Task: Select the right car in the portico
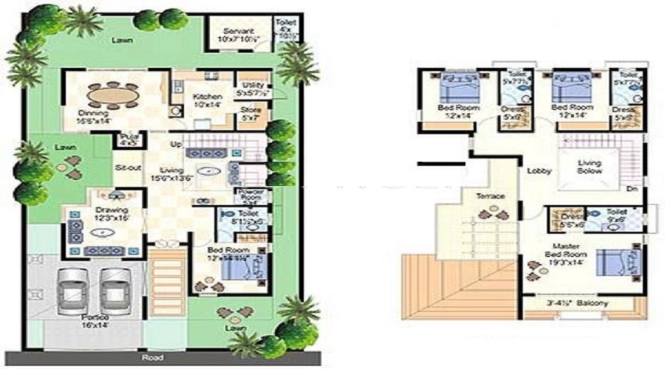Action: pos(115,289)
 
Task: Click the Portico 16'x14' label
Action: pos(94,323)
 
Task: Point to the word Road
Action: pos(154,357)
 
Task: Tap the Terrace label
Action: pos(491,196)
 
